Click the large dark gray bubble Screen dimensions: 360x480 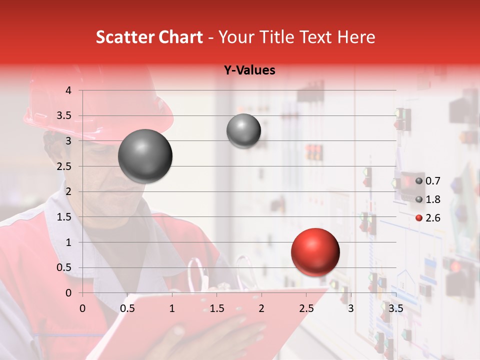coord(145,156)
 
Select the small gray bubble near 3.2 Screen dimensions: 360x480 coord(243,131)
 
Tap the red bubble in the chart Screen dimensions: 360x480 coord(315,252)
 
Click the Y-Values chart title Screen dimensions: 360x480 coord(249,70)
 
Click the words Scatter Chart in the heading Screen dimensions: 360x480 coord(149,37)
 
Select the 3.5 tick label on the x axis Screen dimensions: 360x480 coord(395,308)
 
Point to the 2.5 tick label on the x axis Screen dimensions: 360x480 coord(306,308)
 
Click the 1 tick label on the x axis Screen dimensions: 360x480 coord(172,308)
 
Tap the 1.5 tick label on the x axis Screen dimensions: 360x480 coord(216,308)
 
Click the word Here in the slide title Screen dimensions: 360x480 coord(356,37)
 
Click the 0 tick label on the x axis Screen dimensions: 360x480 coord(83,308)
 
